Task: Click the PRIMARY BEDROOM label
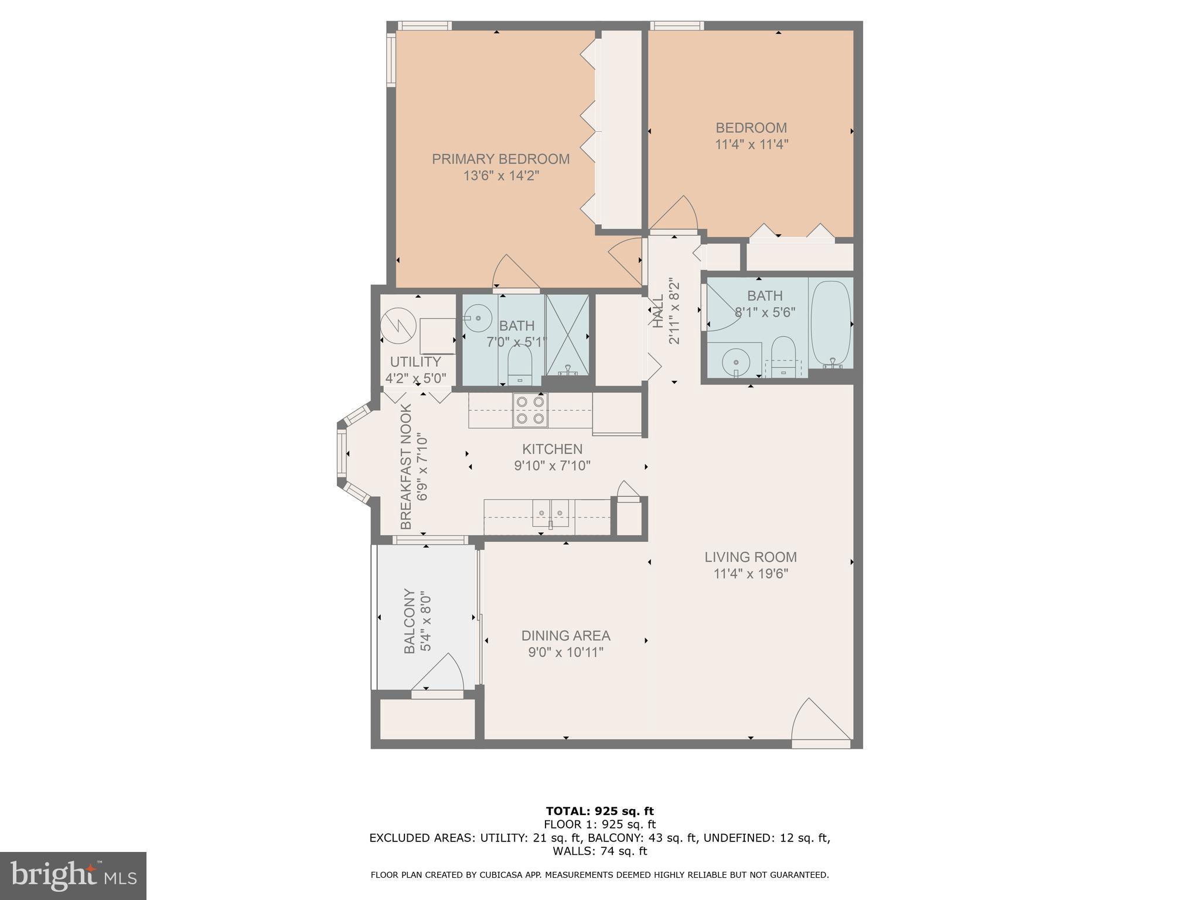tap(500, 159)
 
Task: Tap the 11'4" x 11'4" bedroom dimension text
tap(751, 144)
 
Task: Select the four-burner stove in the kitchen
tap(530, 410)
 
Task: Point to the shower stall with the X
tap(567, 335)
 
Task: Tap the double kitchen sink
tap(551, 513)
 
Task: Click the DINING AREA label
tap(565, 636)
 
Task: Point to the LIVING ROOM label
tap(751, 557)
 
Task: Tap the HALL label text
tap(658, 311)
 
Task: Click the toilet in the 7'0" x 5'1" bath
tap(519, 365)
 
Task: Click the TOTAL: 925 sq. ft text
tap(599, 812)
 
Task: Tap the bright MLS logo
tap(73, 876)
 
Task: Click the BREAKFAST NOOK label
tap(406, 466)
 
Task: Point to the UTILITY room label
tap(415, 362)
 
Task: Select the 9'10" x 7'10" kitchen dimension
tap(552, 466)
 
